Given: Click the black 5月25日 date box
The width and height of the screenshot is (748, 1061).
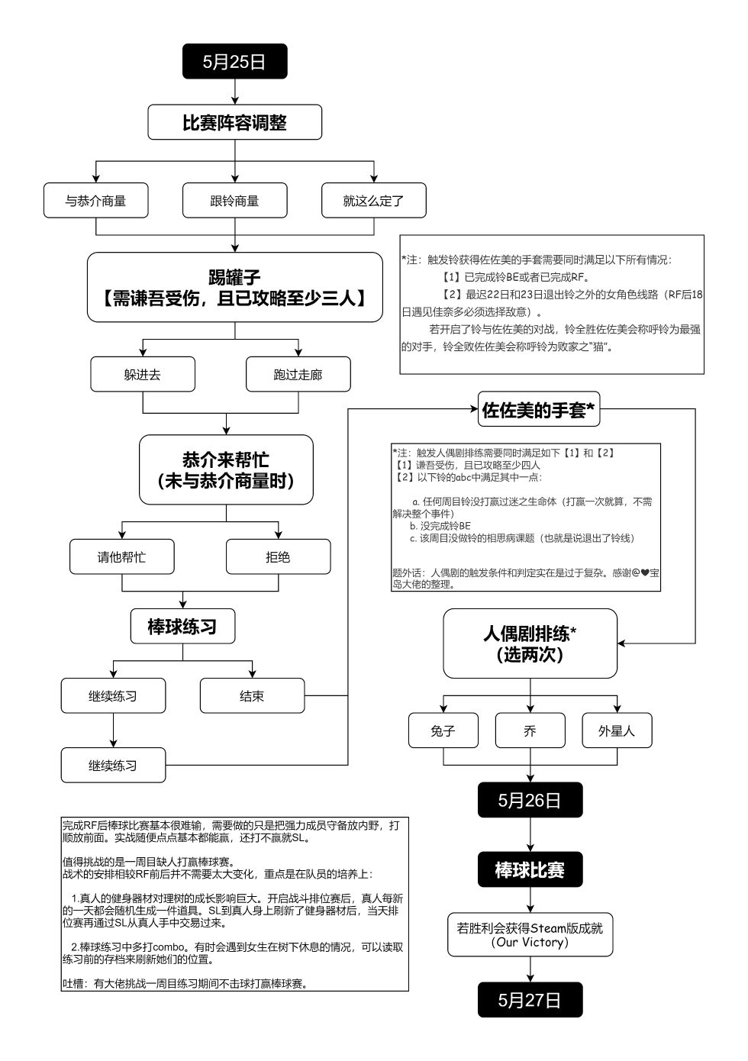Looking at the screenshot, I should (234, 61).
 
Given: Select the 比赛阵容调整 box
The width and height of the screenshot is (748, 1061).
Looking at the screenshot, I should (234, 122).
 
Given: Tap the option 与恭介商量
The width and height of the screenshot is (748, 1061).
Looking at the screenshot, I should (95, 201).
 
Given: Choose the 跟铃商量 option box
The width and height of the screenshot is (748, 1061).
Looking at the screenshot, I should (234, 201).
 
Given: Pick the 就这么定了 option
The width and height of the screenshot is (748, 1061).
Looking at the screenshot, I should (373, 201).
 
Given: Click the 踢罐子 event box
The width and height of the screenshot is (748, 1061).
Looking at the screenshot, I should (234, 287).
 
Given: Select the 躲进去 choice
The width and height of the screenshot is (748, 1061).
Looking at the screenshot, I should (143, 375).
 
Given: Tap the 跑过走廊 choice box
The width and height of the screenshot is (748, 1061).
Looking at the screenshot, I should (298, 375).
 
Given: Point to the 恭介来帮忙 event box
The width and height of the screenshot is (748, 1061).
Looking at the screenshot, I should (226, 469).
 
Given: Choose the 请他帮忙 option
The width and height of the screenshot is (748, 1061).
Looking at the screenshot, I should (121, 556).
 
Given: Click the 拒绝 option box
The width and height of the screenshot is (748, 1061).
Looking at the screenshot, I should (278, 556).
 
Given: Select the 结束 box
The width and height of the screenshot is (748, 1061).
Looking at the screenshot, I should (252, 696).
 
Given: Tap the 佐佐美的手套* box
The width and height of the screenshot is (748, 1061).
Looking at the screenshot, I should (538, 410).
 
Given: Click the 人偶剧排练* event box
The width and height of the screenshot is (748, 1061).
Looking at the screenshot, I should (530, 643).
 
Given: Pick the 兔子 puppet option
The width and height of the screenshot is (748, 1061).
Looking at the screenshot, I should (443, 730).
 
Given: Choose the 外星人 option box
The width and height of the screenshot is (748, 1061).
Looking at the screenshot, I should (617, 730).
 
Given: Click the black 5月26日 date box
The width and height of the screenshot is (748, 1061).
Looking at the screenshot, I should (530, 800).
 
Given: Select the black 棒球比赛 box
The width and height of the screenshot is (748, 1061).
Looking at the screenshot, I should (530, 869).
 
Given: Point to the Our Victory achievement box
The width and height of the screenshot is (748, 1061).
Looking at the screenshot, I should (530, 934).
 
